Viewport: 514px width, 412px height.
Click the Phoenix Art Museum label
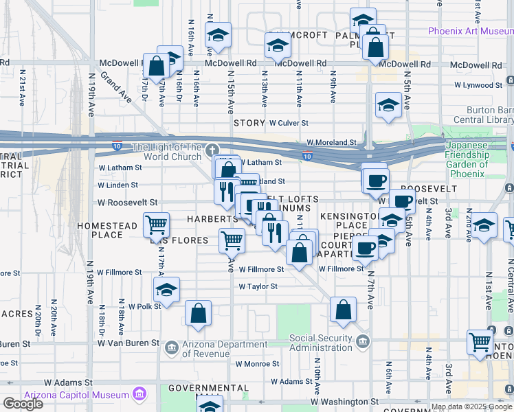470,31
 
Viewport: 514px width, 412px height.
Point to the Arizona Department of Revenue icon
171,349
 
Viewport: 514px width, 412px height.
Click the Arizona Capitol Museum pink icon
140,395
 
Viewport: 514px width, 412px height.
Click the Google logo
23,404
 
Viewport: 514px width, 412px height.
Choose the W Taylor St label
258,286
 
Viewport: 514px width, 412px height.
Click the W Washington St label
344,401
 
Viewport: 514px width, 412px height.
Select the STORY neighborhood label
249,123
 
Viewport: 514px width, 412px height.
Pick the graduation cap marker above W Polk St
166,289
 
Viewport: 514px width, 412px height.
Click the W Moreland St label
331,143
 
